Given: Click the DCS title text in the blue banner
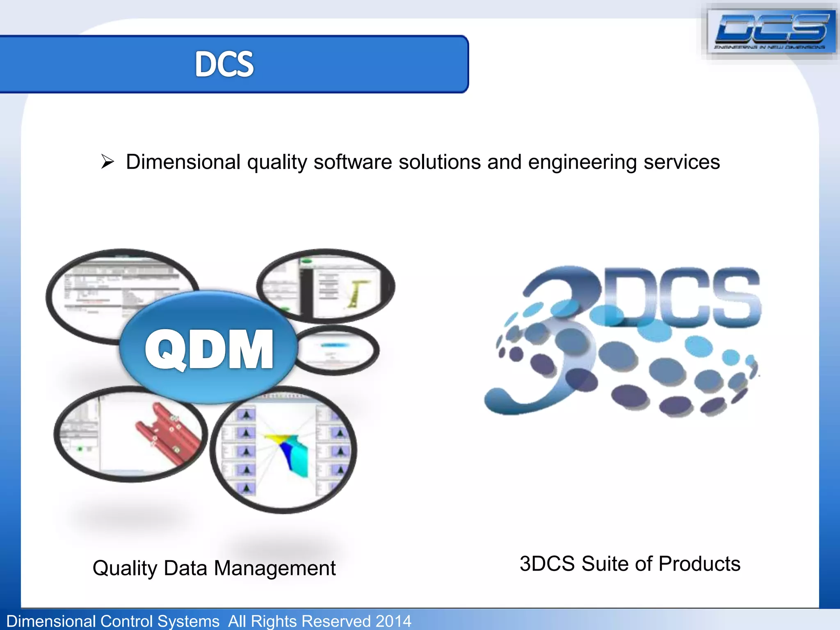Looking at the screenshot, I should point(224,64).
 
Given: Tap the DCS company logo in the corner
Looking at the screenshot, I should point(771,31).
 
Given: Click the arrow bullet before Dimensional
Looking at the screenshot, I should point(107,162).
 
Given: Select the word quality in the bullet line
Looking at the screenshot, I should point(277,162).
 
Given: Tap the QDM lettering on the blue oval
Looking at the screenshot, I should point(209,349).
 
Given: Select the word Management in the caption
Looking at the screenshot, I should point(274,568).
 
